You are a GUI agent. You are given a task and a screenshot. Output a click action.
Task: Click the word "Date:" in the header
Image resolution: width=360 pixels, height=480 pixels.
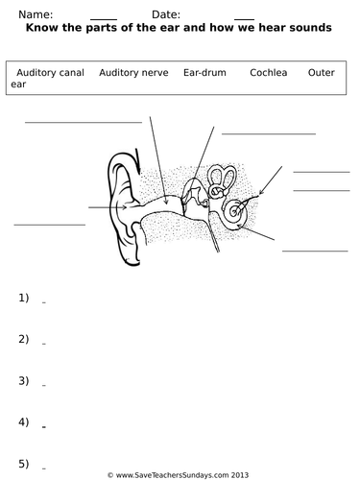[166, 14]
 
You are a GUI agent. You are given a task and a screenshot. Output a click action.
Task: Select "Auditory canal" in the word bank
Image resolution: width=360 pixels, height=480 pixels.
[44, 72]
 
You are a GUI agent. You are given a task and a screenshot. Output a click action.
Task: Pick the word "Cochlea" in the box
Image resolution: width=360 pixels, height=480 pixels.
[267, 72]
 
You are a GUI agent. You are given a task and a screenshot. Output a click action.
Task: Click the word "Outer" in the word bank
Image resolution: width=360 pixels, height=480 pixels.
[322, 72]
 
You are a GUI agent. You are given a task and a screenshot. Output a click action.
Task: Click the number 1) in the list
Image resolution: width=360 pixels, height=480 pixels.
[24, 298]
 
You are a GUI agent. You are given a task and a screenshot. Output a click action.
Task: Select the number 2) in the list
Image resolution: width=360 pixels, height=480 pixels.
[24, 339]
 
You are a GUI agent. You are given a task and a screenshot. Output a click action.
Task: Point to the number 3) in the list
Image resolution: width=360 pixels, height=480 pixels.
[24, 380]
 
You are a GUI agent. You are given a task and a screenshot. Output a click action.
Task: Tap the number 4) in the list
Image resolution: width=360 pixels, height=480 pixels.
[24, 421]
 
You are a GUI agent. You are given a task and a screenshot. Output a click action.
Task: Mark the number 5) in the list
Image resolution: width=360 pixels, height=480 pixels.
[24, 463]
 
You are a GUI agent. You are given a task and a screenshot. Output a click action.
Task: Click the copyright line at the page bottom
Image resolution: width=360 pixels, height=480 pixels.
[179, 474]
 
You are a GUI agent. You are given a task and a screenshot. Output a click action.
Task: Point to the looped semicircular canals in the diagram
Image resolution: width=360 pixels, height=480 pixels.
[224, 180]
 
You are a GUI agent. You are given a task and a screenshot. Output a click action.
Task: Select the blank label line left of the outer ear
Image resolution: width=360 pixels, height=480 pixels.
[49, 225]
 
